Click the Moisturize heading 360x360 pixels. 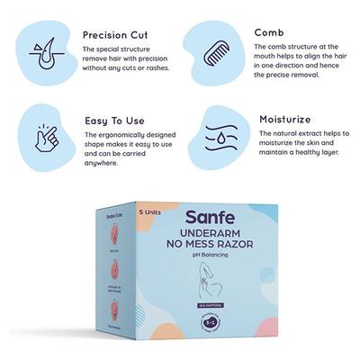(283, 118)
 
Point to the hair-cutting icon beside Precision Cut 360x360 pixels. (40, 49)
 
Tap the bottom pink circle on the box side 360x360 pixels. (113, 310)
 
